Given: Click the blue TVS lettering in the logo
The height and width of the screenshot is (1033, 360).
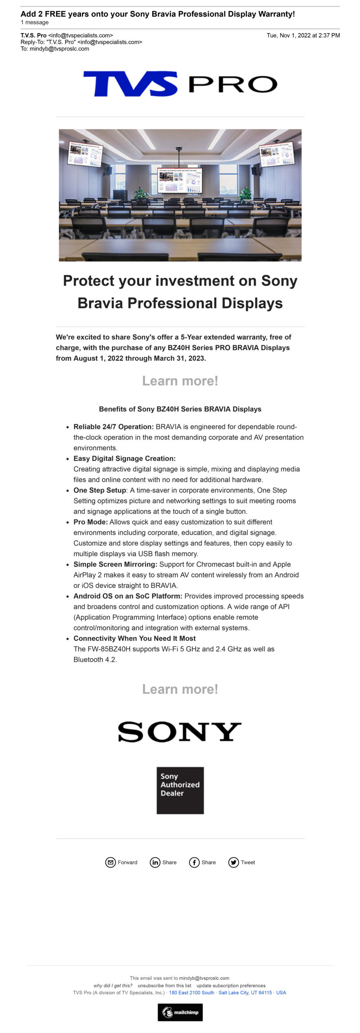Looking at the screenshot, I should pos(130,84).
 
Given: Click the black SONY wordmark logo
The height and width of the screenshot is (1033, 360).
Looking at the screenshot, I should pos(180,732).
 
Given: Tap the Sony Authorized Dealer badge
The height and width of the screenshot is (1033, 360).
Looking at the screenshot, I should pos(180,790).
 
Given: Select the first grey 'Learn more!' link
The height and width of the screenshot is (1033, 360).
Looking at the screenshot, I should pos(180,381).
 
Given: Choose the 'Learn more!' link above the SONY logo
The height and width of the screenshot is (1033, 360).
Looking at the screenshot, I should pos(180,689).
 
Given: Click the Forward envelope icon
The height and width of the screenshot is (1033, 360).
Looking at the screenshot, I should pos(110,862).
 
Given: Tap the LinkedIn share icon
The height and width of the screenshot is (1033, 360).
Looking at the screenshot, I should pos(155,862).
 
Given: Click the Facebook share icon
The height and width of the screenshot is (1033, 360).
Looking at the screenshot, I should pos(194,862).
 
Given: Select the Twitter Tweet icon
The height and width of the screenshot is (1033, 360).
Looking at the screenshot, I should pos(233,862).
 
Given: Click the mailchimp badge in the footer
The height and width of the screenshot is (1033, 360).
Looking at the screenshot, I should pos(180,1012).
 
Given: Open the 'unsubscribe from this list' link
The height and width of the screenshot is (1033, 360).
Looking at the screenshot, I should pos(164,985).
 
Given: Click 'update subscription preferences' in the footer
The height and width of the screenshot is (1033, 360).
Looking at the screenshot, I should pos(231,985).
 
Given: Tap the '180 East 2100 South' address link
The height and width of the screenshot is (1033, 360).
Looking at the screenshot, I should pos(191,993).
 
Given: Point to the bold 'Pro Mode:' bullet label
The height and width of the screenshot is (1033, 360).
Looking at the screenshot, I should pos(90,522).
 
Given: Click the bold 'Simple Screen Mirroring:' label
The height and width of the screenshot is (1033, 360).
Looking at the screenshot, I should pos(115,564).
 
